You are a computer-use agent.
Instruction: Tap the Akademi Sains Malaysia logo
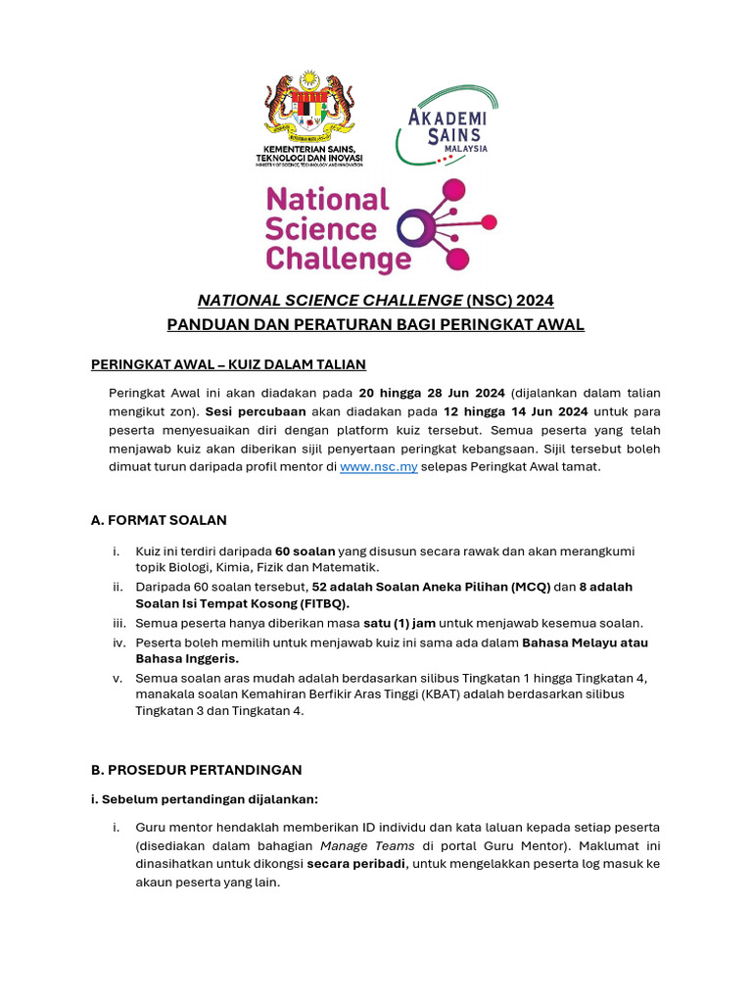[446, 125]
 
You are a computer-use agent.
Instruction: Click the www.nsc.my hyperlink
[378, 467]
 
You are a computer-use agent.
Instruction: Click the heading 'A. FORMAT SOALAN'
[159, 520]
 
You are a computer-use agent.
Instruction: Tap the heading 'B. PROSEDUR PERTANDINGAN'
[196, 770]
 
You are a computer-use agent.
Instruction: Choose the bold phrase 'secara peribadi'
[352, 864]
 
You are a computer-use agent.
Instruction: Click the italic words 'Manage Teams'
[358, 845]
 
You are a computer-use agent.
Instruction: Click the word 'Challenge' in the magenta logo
[338, 260]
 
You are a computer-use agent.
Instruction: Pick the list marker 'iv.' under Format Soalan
[119, 643]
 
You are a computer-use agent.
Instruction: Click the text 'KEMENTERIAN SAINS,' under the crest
[308, 147]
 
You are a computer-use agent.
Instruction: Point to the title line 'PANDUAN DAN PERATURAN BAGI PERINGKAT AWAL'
[375, 325]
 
